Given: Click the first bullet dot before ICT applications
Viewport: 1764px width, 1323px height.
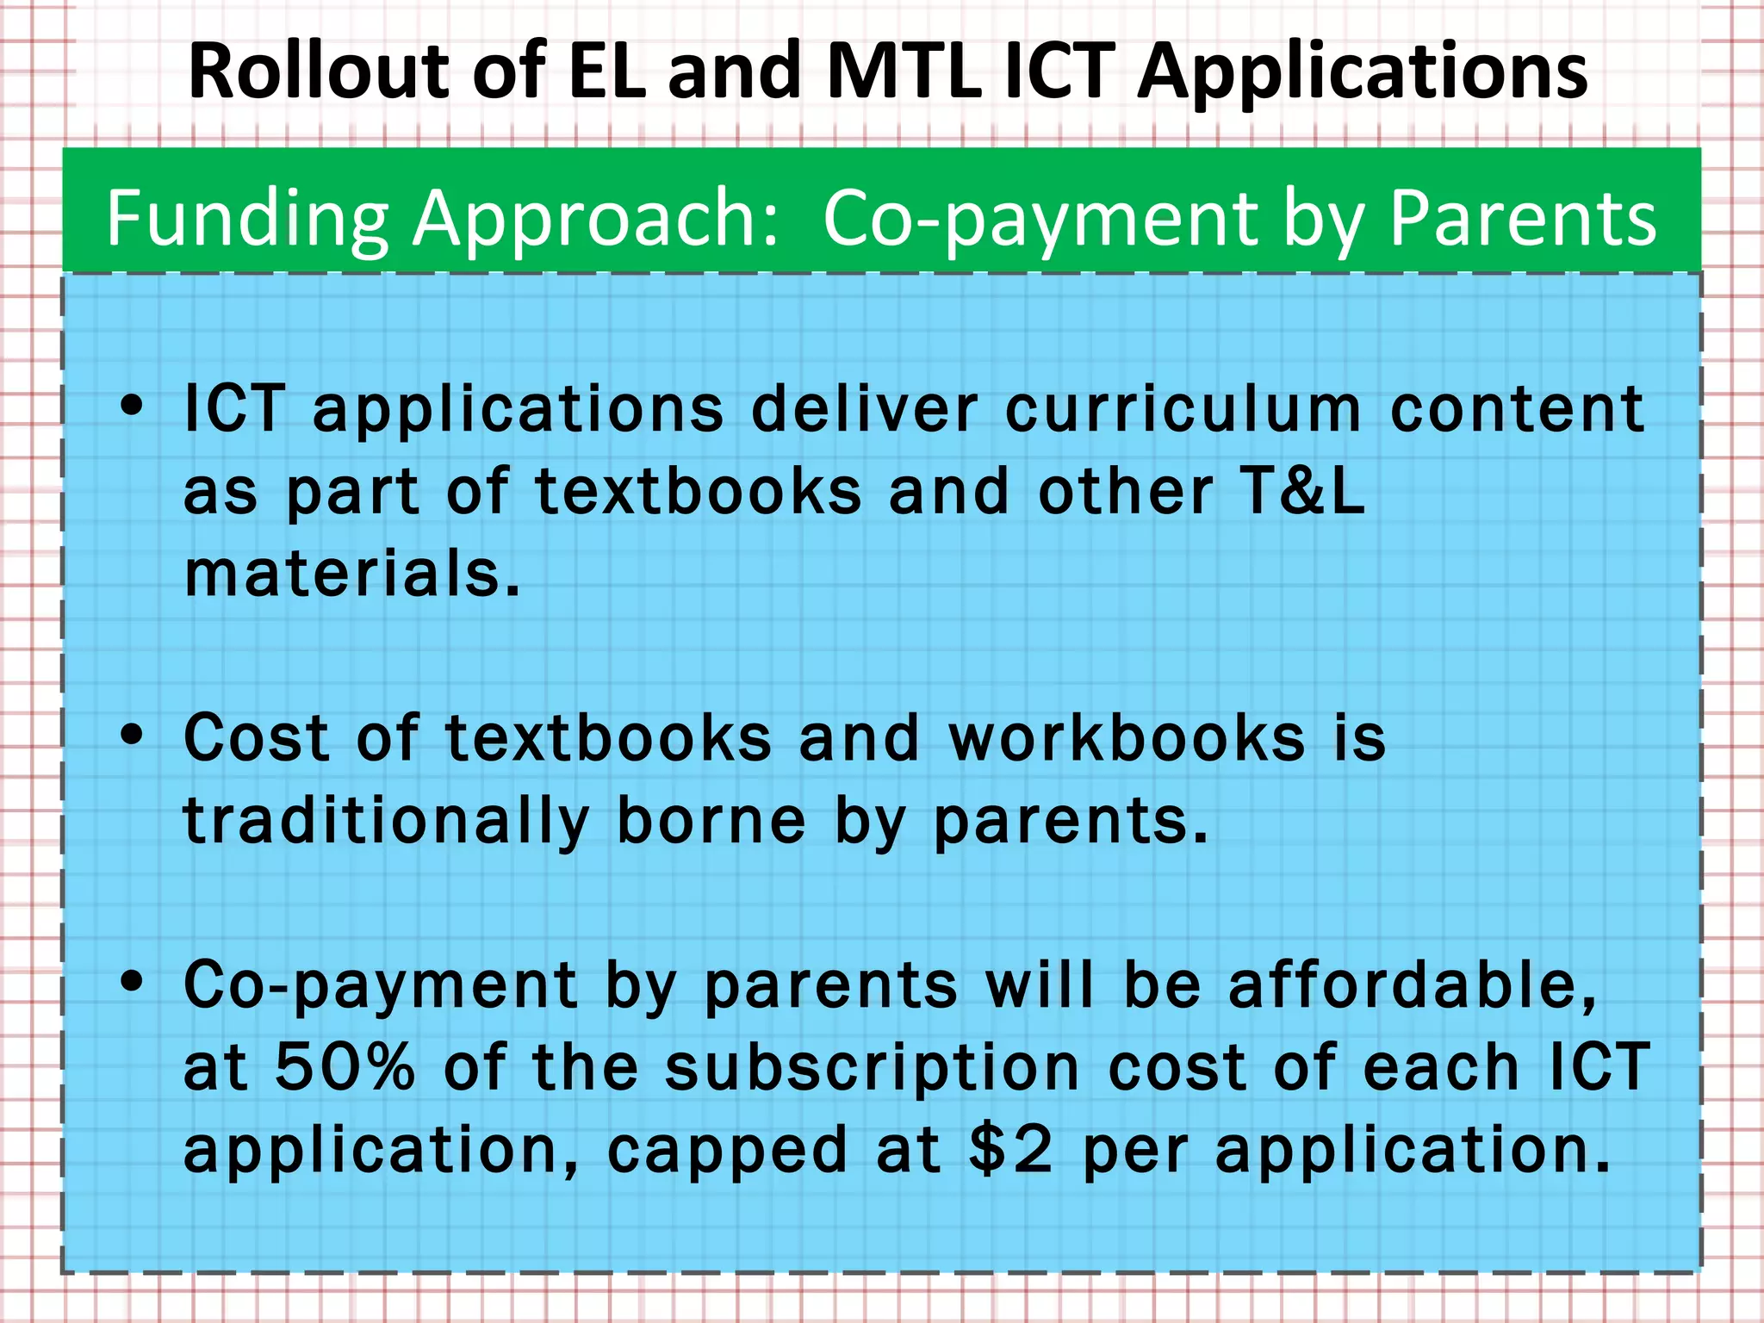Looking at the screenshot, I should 132,405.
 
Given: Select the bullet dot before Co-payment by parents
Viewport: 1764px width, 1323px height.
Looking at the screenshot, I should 132,981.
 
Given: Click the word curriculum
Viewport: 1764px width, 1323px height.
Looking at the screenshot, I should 1183,408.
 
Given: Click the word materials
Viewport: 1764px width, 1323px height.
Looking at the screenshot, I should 352,574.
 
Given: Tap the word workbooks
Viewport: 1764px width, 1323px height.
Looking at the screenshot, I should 1127,738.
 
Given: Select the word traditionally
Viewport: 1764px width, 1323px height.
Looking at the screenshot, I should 386,821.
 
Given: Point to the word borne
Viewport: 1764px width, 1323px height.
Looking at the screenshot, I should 711,821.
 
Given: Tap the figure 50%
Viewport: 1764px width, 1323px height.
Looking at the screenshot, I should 345,1067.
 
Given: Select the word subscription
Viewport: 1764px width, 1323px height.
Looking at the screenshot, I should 872,1069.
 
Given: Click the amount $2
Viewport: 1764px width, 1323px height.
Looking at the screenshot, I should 1010,1150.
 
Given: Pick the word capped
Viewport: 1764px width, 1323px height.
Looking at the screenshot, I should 728,1152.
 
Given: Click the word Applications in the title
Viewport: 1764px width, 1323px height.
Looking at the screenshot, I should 1362,73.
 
